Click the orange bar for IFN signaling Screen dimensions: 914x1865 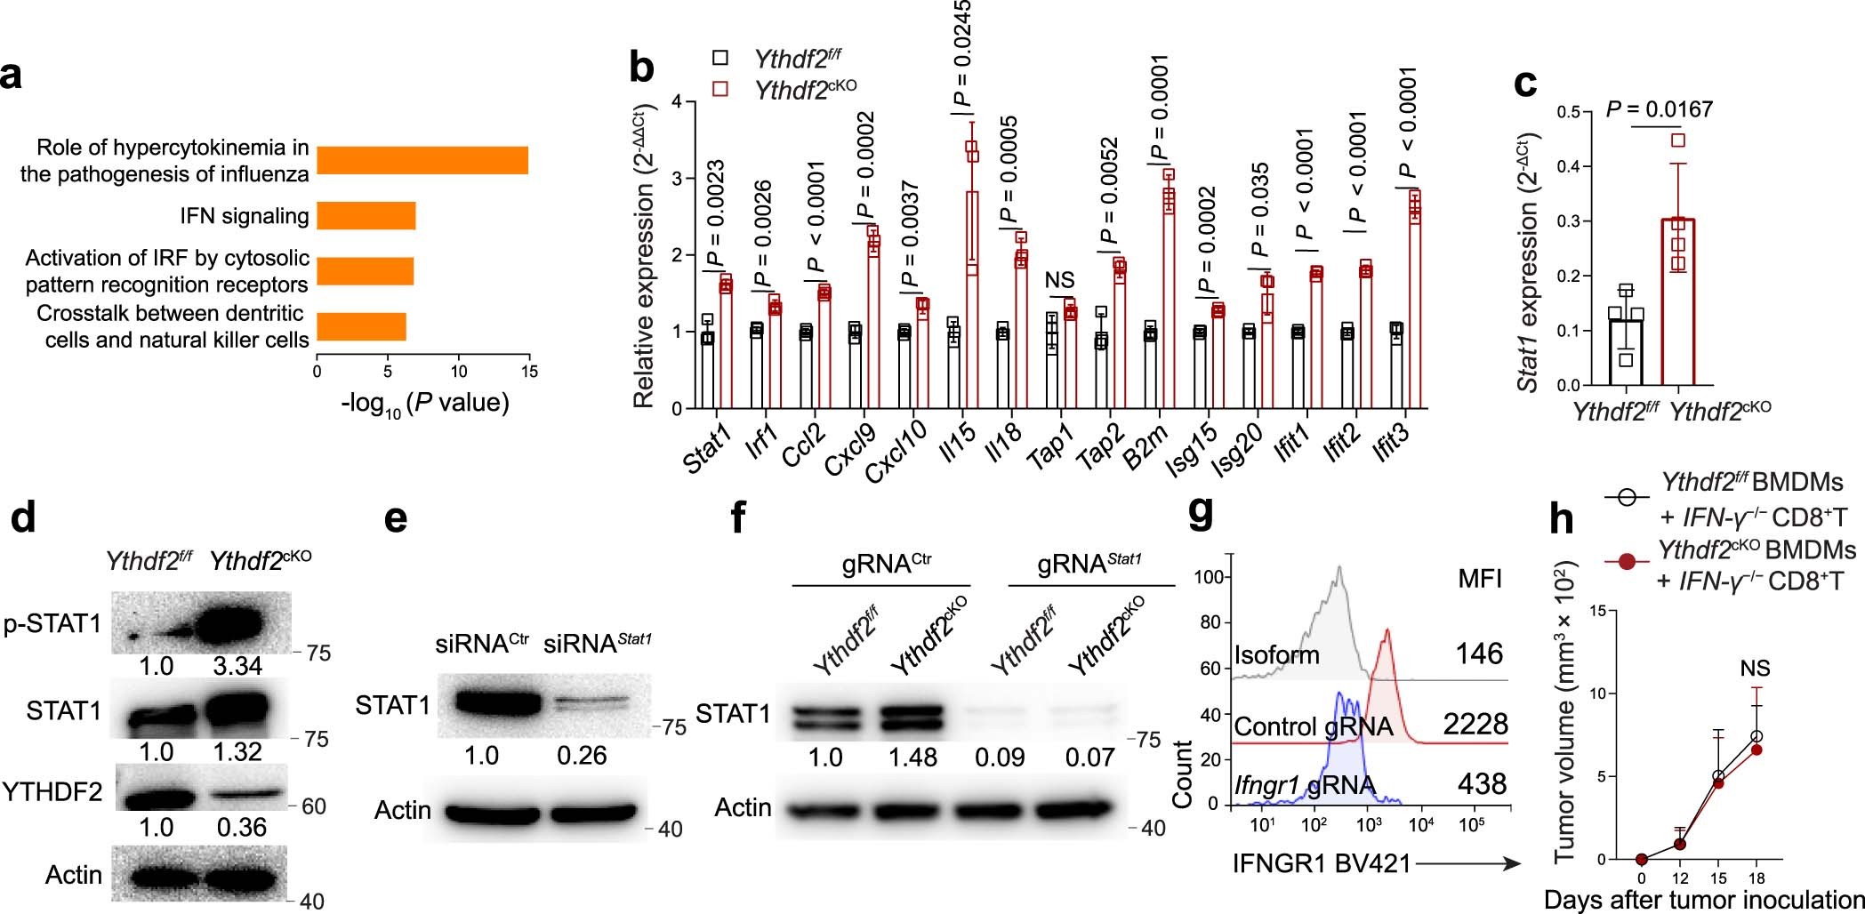point(366,216)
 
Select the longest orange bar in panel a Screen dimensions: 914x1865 point(422,161)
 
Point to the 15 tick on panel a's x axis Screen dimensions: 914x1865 point(529,372)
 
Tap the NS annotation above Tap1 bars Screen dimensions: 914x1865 point(1059,281)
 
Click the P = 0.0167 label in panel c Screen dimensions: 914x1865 point(1659,109)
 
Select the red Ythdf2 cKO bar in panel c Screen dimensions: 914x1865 point(1677,302)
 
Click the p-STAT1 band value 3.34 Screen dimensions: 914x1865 point(237,666)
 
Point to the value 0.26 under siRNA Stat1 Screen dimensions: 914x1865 point(582,756)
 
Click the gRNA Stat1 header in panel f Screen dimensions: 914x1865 point(1089,565)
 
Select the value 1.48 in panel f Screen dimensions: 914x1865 point(912,758)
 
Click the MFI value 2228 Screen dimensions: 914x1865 point(1475,724)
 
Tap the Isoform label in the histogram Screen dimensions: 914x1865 point(1276,656)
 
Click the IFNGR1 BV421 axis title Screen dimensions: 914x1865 point(1322,863)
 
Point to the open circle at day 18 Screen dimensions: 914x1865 point(1756,737)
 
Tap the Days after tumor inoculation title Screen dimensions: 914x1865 point(1703,899)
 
